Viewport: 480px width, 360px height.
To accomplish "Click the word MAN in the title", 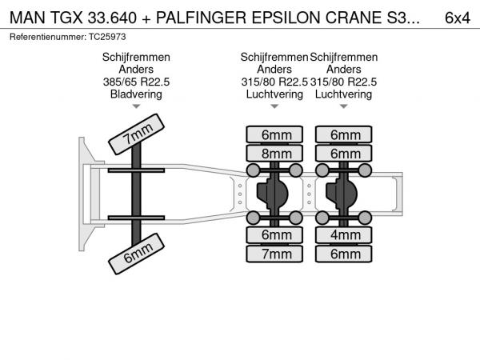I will [x=26, y=18].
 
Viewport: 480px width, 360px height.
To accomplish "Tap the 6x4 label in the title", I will [x=457, y=18].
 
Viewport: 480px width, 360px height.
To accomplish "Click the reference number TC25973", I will [x=107, y=37].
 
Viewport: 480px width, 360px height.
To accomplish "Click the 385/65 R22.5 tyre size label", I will [x=136, y=82].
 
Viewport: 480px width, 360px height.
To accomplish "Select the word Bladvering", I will [x=136, y=94].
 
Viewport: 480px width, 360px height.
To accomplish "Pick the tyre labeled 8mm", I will [x=275, y=153].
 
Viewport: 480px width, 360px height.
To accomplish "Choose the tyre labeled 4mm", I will [x=345, y=236].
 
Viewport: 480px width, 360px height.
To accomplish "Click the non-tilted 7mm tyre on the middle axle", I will [x=275, y=254].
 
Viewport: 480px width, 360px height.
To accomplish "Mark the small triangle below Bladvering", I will [x=136, y=106].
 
